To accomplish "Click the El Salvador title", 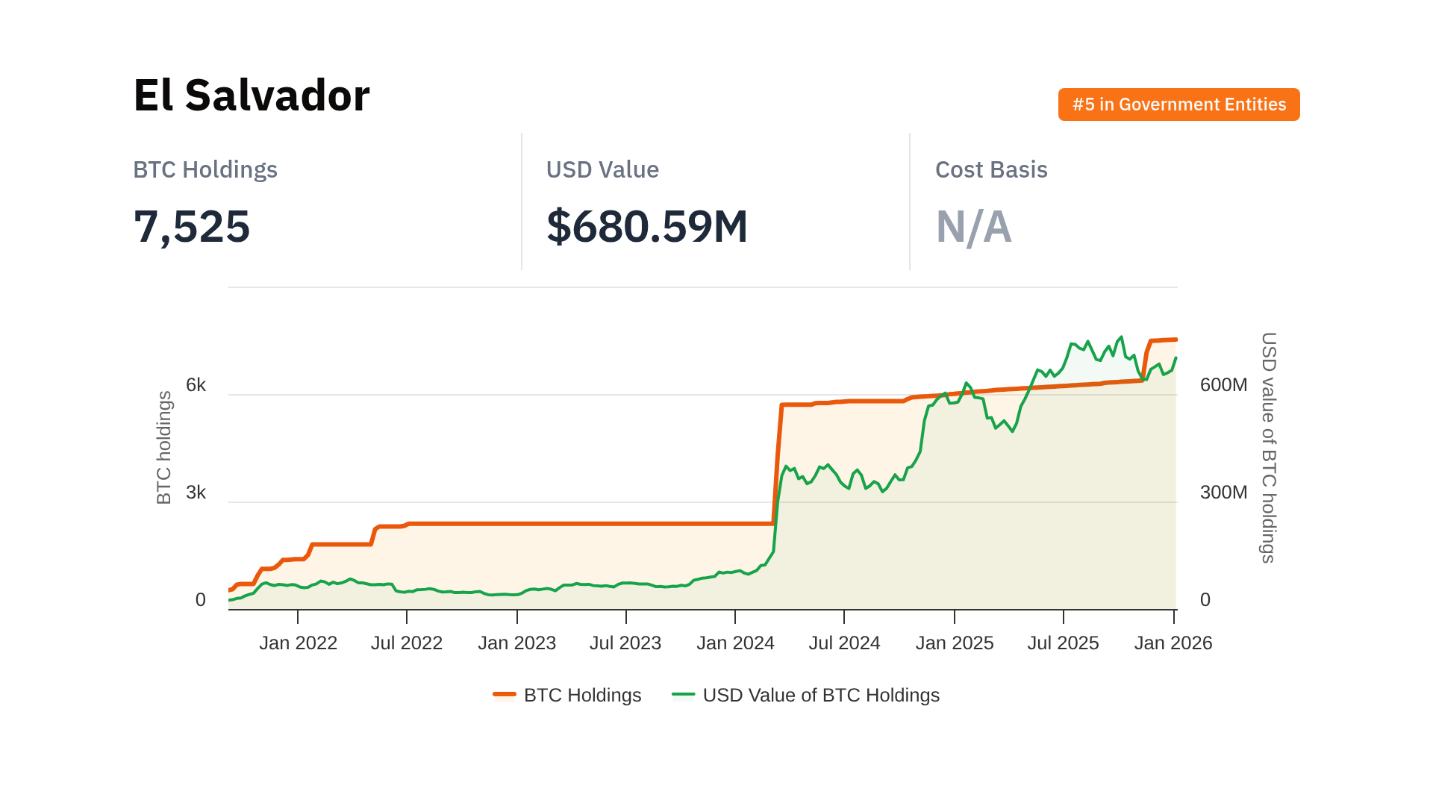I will pyautogui.click(x=252, y=96).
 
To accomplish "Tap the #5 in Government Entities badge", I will pyautogui.click(x=1178, y=104).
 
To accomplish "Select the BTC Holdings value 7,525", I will pyautogui.click(x=192, y=227).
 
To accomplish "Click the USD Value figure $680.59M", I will pyautogui.click(x=646, y=227).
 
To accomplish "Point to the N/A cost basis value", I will pyautogui.click(x=973, y=227).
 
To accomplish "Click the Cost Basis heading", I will pyautogui.click(x=990, y=170).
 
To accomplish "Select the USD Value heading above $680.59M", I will pyautogui.click(x=602, y=170).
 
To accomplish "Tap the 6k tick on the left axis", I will pyautogui.click(x=196, y=385).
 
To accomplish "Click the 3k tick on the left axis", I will pyautogui.click(x=196, y=493).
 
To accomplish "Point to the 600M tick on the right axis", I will pyautogui.click(x=1223, y=385).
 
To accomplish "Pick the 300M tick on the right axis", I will pyautogui.click(x=1223, y=493).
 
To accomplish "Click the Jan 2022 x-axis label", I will pyautogui.click(x=298, y=643).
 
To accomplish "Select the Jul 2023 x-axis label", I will pyautogui.click(x=625, y=643).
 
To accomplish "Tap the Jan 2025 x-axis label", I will pyautogui.click(x=955, y=643).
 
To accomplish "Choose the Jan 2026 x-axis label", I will pyautogui.click(x=1173, y=643).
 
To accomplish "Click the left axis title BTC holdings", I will pyautogui.click(x=164, y=448).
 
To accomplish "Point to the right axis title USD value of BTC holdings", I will pyautogui.click(x=1268, y=448).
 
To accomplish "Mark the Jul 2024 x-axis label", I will pyautogui.click(x=844, y=643).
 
